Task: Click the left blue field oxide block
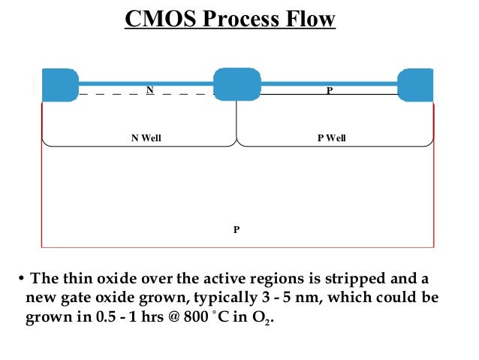tap(60, 84)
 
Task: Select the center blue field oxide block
tap(237, 84)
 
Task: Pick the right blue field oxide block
tap(415, 84)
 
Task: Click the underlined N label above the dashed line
tap(150, 89)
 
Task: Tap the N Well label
tap(146, 138)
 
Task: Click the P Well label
tap(331, 138)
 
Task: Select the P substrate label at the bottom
tap(236, 229)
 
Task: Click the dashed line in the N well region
tap(113, 95)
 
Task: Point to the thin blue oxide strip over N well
tap(146, 83)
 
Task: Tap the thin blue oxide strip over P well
tap(329, 83)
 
